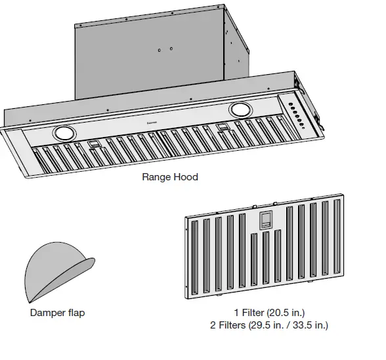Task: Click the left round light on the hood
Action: [66, 133]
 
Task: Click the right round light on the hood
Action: [241, 109]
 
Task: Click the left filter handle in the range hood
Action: [93, 144]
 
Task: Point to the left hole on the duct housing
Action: [160, 50]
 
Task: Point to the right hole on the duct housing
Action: [171, 49]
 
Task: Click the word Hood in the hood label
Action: [186, 177]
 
